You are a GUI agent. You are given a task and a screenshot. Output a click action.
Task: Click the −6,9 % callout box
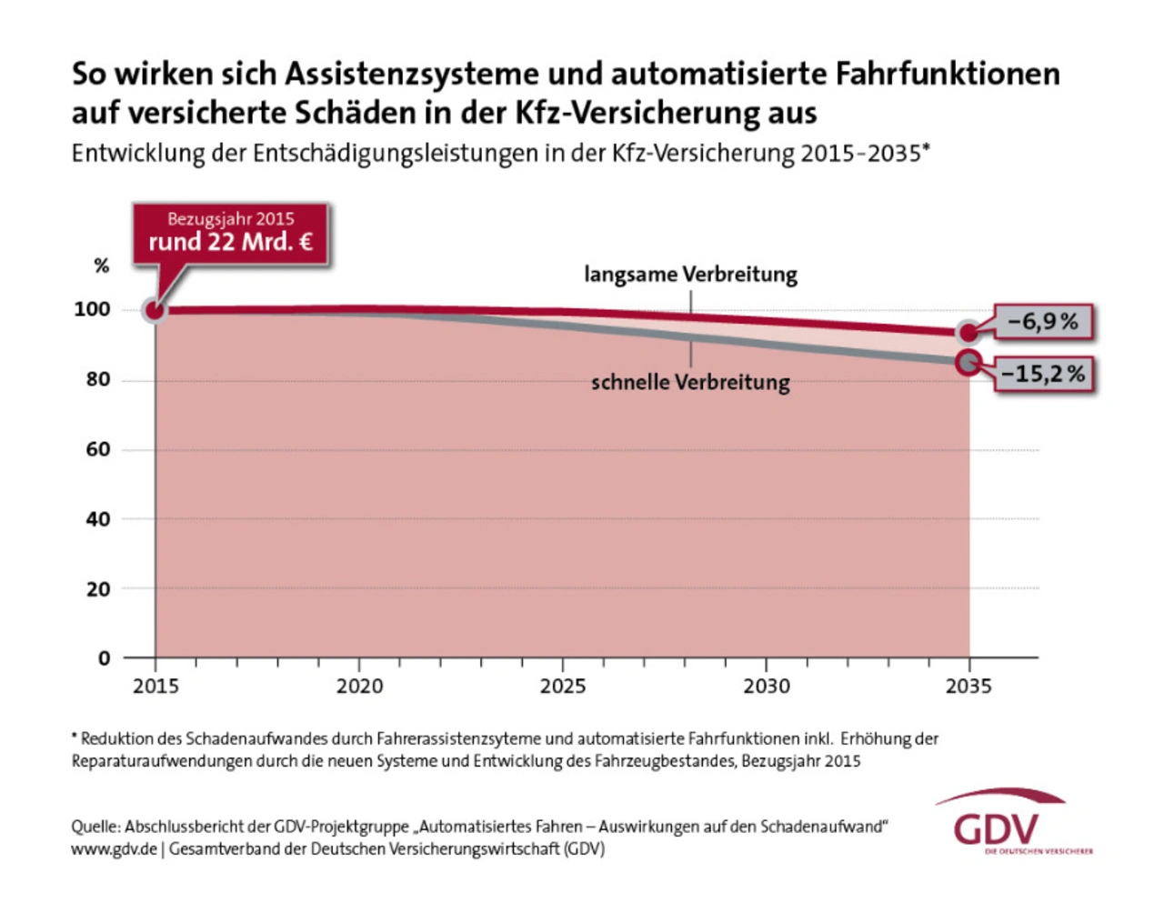point(1042,322)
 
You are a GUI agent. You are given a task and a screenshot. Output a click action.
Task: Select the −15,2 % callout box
point(1044,374)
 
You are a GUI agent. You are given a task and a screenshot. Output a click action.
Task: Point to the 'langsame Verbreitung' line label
point(690,275)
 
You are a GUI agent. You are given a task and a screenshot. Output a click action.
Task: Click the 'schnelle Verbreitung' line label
point(690,382)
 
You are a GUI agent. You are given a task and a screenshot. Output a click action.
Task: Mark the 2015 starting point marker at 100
point(156,311)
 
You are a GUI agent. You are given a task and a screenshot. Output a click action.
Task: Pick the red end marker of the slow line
point(969,332)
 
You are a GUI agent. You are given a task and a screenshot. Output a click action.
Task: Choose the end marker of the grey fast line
point(969,363)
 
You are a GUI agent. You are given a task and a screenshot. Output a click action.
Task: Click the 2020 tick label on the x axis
point(359,687)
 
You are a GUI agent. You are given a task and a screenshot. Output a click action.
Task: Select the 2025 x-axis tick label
point(563,687)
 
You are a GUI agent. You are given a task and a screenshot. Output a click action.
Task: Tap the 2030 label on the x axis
point(767,687)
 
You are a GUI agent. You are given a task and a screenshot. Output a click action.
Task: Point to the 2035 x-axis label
point(968,687)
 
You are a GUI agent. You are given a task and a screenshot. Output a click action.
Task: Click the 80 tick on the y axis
point(98,379)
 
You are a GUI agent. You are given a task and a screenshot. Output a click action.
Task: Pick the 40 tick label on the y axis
point(98,519)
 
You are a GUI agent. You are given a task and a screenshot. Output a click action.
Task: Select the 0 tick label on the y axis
point(104,658)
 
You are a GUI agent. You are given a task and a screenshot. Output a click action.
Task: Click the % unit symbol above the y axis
point(101,266)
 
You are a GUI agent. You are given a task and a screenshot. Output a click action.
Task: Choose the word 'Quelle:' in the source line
point(95,827)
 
